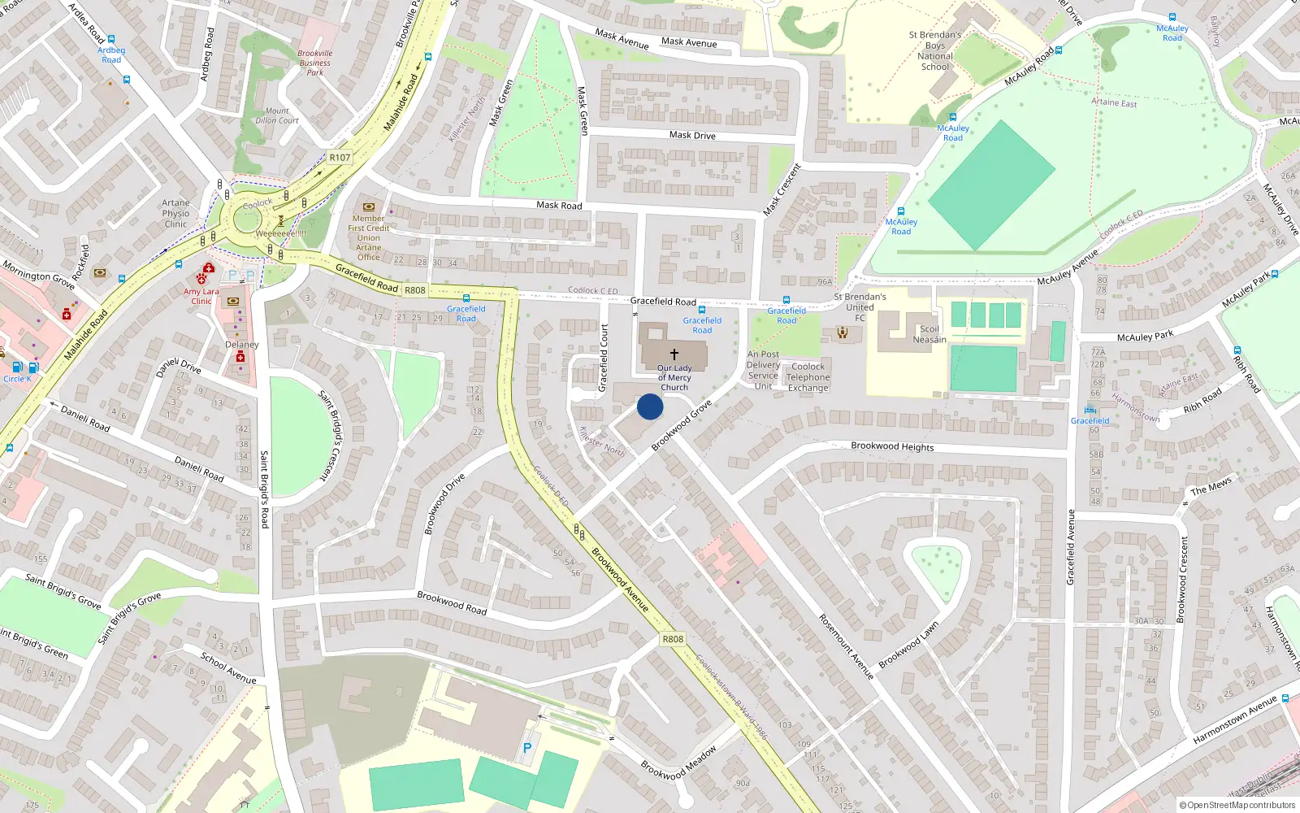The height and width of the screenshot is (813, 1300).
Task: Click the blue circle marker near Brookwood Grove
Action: pyautogui.click(x=650, y=406)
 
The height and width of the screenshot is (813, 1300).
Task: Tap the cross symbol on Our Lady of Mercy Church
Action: pyautogui.click(x=674, y=354)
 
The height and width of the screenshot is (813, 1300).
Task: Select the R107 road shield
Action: pyautogui.click(x=340, y=158)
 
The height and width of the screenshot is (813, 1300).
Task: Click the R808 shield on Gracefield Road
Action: pyautogui.click(x=414, y=290)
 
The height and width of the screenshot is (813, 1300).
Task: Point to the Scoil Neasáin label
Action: pyautogui.click(x=929, y=334)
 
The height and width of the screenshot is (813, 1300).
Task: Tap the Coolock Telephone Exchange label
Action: pyautogui.click(x=808, y=377)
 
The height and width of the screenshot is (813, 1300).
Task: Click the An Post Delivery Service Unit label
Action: pyautogui.click(x=763, y=370)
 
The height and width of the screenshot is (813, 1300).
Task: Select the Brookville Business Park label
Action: pyautogui.click(x=315, y=63)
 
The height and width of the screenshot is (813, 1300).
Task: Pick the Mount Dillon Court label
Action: pyautogui.click(x=276, y=115)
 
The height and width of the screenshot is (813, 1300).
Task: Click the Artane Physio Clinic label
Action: pyautogui.click(x=175, y=213)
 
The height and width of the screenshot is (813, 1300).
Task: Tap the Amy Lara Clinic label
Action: pyautogui.click(x=201, y=296)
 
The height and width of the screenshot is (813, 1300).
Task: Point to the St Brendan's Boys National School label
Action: pyautogui.click(x=935, y=50)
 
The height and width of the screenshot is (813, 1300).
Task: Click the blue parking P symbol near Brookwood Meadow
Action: pyautogui.click(x=527, y=748)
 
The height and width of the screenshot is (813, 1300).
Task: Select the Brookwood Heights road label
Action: pyautogui.click(x=892, y=446)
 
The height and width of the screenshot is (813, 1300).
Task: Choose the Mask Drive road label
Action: pyautogui.click(x=692, y=135)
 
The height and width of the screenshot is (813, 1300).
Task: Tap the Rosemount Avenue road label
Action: pyautogui.click(x=846, y=646)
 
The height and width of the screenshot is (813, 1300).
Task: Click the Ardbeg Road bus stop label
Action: pyautogui.click(x=111, y=54)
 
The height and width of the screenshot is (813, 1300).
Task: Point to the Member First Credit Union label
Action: pyautogui.click(x=368, y=237)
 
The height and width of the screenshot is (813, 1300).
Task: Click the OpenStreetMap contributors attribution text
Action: pyautogui.click(x=1237, y=805)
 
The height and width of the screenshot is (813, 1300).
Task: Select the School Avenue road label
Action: pyautogui.click(x=228, y=667)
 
